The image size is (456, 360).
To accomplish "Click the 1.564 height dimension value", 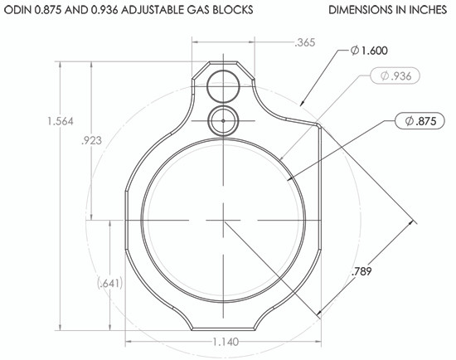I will pos(61,122).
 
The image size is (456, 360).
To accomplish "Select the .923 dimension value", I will pos(95,141).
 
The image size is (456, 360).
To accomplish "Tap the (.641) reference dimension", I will pos(109,284).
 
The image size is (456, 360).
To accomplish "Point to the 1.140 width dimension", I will pos(225,341).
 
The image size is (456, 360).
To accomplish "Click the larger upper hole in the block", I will pos(224,83).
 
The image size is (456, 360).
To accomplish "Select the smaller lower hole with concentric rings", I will pos(223,121).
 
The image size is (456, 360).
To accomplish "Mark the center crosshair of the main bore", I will pos(224,221).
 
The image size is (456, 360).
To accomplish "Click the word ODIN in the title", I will pos(20,11).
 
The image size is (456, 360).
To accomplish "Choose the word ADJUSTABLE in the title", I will pos(148,11).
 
